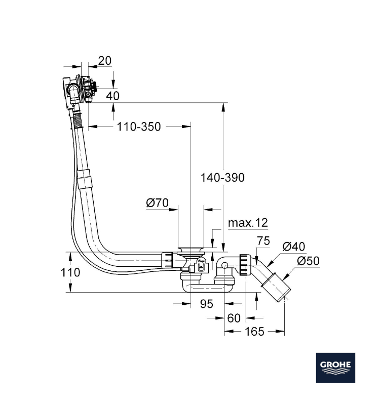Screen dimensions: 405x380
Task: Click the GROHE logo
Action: pyautogui.click(x=336, y=367)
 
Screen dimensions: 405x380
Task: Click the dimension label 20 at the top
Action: pyautogui.click(x=104, y=61)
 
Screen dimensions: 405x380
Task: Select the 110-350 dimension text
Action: pyautogui.click(x=138, y=127)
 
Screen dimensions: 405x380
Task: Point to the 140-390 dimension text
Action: pyautogui.click(x=222, y=178)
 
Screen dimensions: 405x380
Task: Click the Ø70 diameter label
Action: pyautogui.click(x=157, y=203)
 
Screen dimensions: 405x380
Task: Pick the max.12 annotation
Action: pyautogui.click(x=248, y=223)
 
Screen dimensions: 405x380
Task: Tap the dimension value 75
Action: pyautogui.click(x=263, y=241)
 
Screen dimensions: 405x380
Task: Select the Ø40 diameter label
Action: pyautogui.click(x=294, y=247)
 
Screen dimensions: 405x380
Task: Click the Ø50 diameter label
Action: pyautogui.click(x=308, y=261)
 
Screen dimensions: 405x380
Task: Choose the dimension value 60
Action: pyautogui.click(x=234, y=318)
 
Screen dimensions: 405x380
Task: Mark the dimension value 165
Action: pyautogui.click(x=254, y=332)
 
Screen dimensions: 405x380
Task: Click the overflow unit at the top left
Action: pyautogui.click(x=79, y=89)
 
